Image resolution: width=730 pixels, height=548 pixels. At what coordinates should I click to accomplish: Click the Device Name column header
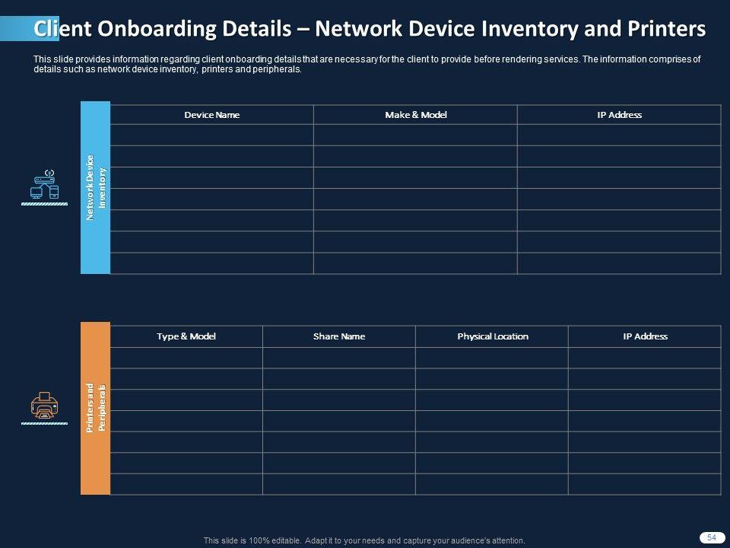pos(211,115)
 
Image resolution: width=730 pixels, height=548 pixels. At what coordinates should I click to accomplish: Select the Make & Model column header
pos(415,115)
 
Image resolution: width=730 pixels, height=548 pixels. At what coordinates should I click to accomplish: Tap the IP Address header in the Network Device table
pos(619,115)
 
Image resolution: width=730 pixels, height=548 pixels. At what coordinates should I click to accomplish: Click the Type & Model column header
pos(186,336)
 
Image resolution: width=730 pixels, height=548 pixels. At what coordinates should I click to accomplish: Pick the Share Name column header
pos(339,336)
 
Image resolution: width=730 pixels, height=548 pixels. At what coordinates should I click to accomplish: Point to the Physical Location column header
pos(492,336)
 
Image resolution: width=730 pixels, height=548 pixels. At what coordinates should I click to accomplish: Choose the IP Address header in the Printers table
pos(645,336)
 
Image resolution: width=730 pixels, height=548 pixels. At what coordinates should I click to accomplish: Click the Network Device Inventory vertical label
pos(96,187)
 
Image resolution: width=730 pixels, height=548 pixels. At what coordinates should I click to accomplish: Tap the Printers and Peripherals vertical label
pos(96,409)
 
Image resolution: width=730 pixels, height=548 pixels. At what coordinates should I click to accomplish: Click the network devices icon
pos(45,185)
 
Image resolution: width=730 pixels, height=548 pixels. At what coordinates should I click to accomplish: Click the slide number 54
pos(712,537)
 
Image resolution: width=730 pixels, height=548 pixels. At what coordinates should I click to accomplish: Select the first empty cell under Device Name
pos(211,135)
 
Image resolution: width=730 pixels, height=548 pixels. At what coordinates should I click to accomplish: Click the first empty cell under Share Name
pos(339,358)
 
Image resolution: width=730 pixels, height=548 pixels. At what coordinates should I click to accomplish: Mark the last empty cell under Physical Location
pos(492,484)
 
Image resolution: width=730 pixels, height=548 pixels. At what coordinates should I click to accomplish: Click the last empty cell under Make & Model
pos(415,263)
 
